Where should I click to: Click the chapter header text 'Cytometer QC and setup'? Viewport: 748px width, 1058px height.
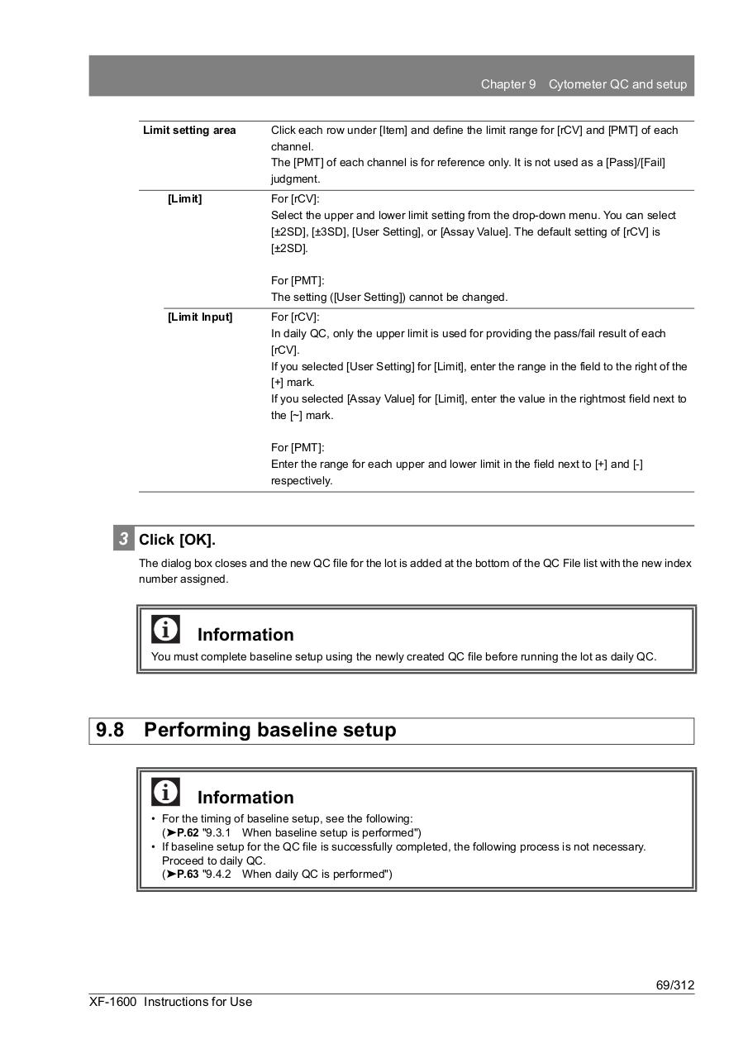(617, 84)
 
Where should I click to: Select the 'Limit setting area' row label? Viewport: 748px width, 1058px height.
(189, 130)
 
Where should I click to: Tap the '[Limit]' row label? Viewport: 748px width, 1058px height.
(184, 199)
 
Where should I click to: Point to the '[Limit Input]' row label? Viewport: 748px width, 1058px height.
(200, 317)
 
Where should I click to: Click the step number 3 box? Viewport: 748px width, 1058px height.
(123, 539)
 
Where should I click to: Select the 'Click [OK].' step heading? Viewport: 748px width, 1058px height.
(177, 540)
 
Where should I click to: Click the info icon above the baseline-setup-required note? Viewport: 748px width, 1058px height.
(165, 630)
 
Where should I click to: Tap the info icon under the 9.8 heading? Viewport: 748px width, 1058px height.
(165, 792)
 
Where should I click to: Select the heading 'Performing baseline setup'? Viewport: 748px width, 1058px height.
(269, 730)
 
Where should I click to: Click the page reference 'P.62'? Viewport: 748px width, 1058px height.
(187, 832)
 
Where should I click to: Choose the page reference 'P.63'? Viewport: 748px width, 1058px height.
(187, 874)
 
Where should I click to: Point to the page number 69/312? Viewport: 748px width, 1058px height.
(675, 985)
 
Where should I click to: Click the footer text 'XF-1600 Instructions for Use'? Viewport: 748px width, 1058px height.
(171, 1002)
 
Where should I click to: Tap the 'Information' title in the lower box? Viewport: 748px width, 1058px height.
(245, 798)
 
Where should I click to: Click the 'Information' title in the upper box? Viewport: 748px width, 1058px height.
(245, 635)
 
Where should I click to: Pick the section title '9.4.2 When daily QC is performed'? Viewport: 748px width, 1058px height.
(298, 874)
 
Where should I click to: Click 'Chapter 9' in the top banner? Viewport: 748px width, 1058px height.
(508, 84)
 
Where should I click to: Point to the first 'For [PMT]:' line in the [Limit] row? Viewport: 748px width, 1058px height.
(298, 281)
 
